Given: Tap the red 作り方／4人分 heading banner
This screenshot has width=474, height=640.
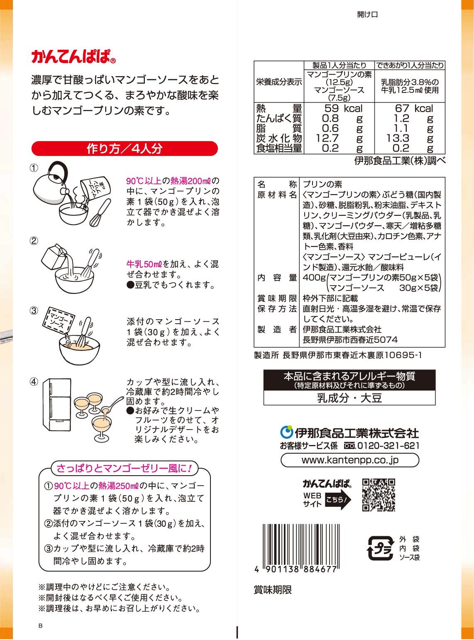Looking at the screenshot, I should click(x=125, y=149).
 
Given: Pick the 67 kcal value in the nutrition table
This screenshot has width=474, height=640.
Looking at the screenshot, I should click(x=414, y=109).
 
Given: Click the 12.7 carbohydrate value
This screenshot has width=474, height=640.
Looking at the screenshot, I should click(x=327, y=138).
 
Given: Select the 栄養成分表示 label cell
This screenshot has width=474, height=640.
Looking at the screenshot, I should click(x=279, y=82).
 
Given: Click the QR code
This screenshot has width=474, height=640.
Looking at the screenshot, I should click(x=378, y=495).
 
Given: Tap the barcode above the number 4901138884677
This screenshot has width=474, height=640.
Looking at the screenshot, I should click(x=302, y=544).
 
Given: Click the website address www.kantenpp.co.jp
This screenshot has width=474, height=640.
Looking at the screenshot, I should click(x=350, y=460).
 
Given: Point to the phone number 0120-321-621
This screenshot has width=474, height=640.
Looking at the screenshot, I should click(x=388, y=446).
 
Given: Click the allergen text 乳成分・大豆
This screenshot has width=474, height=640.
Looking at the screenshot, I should click(x=349, y=398).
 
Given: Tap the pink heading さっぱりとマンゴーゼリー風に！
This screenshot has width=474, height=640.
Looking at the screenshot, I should click(x=124, y=469).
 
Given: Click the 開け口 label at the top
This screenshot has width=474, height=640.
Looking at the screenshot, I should click(x=367, y=15).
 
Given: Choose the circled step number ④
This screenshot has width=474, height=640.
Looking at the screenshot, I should click(x=34, y=381).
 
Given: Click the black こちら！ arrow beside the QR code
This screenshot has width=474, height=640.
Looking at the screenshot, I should click(x=337, y=500).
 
